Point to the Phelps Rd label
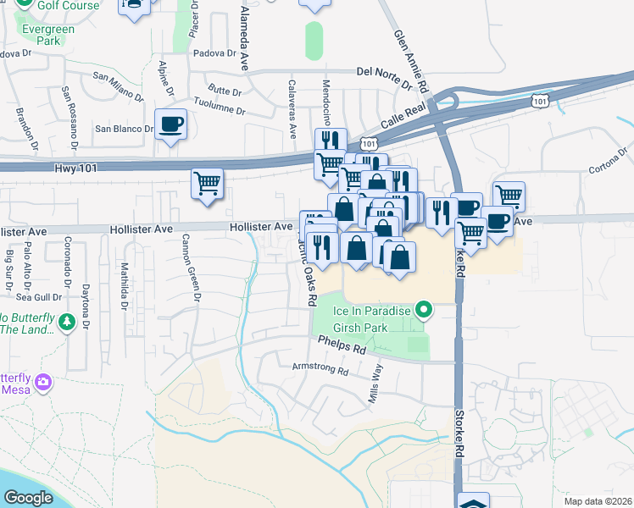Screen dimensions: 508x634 (x=342, y=345)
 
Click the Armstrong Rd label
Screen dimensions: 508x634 (x=320, y=370)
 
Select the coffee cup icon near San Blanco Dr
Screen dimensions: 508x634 (x=170, y=124)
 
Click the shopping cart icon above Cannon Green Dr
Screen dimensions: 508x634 (x=208, y=182)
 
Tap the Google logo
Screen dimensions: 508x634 (x=28, y=498)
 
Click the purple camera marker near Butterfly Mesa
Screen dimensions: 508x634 (x=43, y=383)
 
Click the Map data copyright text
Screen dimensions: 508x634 (x=598, y=501)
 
